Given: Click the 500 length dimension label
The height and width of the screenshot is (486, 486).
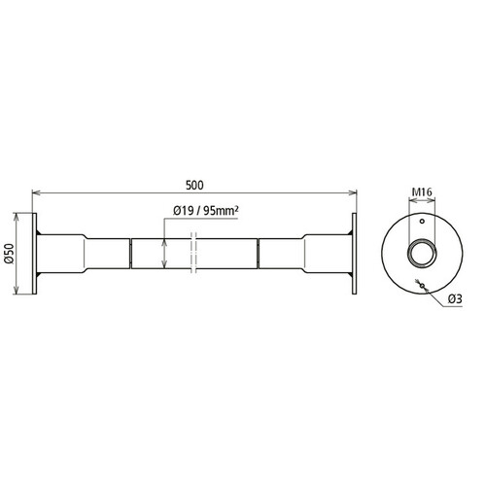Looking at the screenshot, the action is click(194, 185).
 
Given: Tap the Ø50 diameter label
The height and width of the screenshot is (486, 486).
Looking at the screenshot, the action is click(10, 254).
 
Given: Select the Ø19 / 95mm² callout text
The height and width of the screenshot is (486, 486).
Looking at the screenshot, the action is click(206, 211).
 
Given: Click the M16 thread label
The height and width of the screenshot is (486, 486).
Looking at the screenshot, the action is click(422, 192).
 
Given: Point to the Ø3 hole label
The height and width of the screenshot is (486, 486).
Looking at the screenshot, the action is click(455, 299).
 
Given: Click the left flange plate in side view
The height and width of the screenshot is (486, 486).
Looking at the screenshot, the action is click(34, 254).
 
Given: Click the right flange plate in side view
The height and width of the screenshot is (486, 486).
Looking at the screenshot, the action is click(355, 254).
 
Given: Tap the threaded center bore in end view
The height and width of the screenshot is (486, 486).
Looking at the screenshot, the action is click(422, 253).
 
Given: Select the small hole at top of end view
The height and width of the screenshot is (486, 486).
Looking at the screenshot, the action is click(422, 222).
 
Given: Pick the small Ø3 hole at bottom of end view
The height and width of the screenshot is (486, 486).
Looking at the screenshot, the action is click(422, 285).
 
